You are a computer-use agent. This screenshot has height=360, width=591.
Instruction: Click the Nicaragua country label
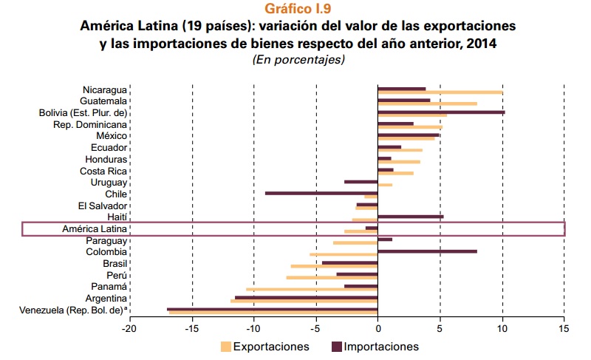(105, 89)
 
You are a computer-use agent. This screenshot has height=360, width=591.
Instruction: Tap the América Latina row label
(96, 229)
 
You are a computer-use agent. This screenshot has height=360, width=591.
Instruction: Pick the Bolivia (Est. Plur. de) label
(83, 112)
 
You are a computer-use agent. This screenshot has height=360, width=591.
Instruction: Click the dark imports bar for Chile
(321, 193)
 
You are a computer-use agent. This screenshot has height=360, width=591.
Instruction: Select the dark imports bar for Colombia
(427, 251)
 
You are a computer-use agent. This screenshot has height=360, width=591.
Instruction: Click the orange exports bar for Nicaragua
(440, 93)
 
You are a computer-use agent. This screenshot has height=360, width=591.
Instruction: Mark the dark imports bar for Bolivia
(441, 112)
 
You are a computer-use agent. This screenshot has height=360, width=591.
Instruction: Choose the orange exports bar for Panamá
(312, 289)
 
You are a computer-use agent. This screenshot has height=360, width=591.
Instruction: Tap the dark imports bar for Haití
(410, 217)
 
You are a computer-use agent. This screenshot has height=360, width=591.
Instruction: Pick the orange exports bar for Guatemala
(427, 104)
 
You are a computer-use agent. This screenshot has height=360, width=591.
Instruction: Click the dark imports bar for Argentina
(307, 297)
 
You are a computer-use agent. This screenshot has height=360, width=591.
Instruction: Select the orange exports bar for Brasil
(334, 266)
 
